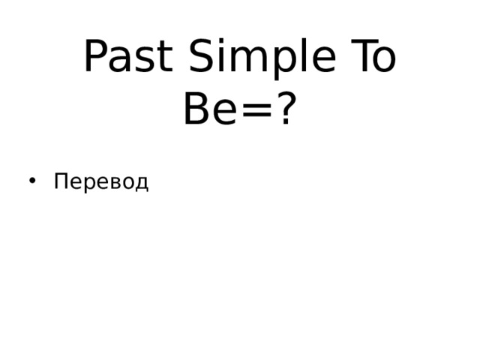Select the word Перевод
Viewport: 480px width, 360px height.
click(x=101, y=182)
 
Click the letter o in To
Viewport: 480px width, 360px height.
click(x=383, y=62)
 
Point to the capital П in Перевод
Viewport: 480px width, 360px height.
click(x=61, y=181)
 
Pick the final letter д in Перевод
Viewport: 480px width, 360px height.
click(x=142, y=184)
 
